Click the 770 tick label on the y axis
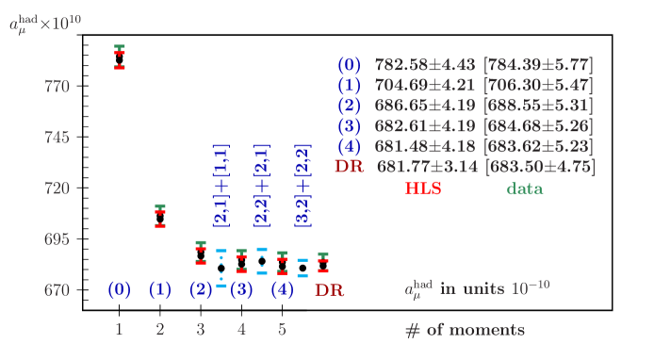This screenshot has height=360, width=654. tap(57, 87)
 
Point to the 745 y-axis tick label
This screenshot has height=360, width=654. tap(57, 138)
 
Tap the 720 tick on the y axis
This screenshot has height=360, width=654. tap(57, 188)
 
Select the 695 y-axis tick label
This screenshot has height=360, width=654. tap(57, 239)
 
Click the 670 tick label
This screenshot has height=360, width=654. tap(57, 290)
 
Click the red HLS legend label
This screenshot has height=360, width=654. tap(423, 188)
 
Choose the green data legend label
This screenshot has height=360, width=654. tap(525, 188)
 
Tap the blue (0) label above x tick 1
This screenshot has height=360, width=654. tap(119, 290)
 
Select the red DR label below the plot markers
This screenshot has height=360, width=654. tap(329, 290)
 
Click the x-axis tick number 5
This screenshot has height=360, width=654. tap(282, 330)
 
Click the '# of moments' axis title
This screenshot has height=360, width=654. tap(465, 330)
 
